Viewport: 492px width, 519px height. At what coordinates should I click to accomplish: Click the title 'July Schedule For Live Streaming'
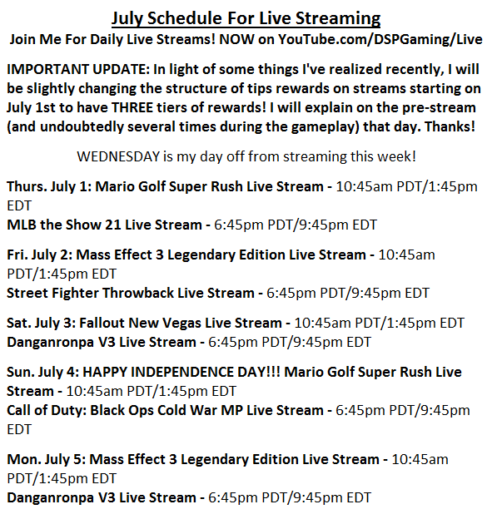coord(246,18)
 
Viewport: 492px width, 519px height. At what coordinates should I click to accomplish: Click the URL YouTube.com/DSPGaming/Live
coord(380,39)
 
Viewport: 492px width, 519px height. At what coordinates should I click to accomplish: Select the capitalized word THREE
coord(132,107)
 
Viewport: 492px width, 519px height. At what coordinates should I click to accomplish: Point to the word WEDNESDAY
coord(118,156)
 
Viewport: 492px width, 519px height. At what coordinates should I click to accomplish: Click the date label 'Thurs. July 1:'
coord(49,186)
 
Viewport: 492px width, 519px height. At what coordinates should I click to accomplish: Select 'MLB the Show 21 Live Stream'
coord(104,225)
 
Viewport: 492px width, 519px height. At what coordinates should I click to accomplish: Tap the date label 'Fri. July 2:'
coord(39,255)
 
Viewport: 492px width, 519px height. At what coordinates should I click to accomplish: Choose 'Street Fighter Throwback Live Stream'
coord(130,294)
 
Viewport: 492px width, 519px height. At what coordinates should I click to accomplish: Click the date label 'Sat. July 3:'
coord(41,323)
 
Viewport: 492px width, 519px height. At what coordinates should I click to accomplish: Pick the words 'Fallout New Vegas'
coord(140,323)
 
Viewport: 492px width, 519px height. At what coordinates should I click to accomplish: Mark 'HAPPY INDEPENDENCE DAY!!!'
coord(181,372)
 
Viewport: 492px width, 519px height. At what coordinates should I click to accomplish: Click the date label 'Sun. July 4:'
coord(42,372)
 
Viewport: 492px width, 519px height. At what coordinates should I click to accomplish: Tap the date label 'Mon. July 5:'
coord(46,459)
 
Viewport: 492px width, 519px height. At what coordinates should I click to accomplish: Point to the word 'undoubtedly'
coord(82,126)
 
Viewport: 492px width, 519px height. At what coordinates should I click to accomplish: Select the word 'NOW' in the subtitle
coord(236,39)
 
